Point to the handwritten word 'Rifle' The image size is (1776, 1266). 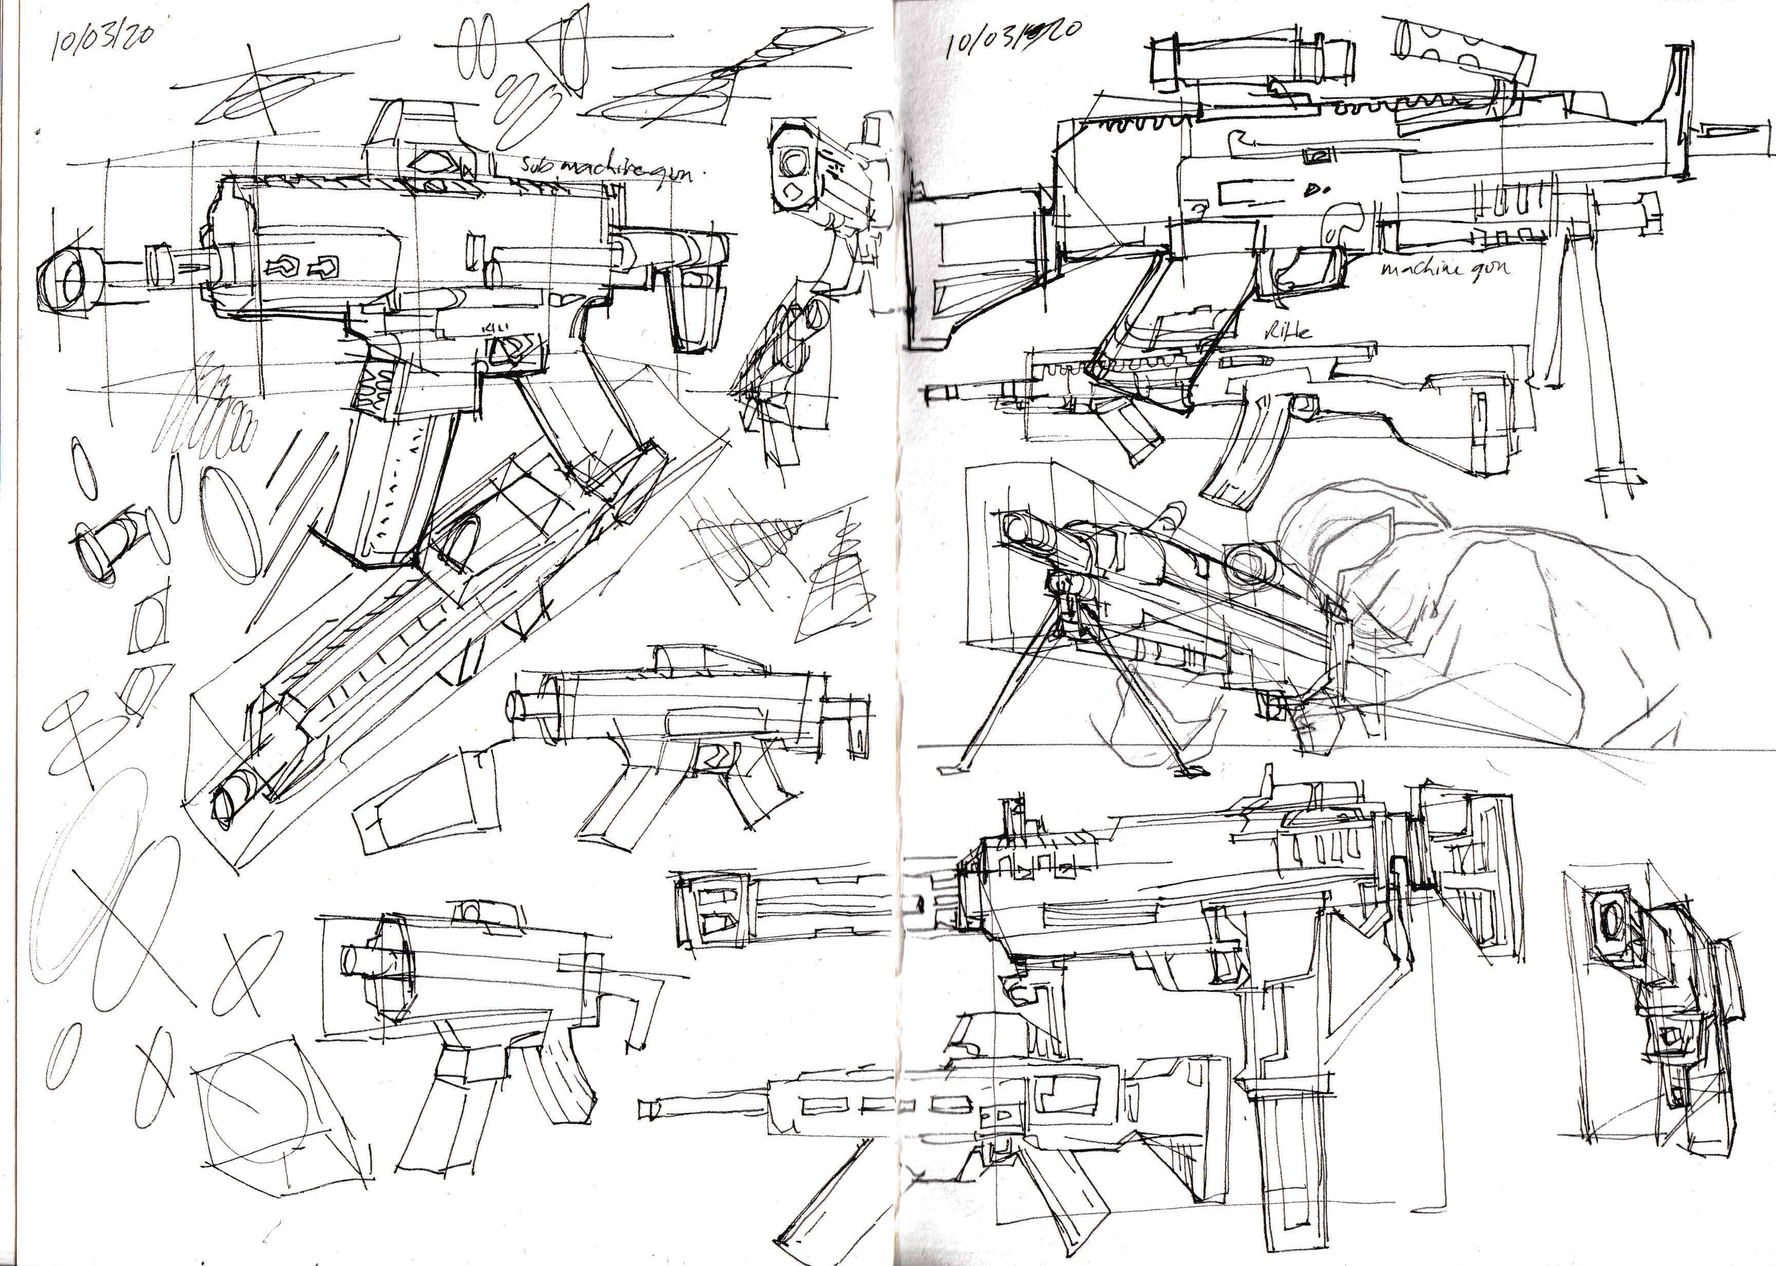click(1287, 331)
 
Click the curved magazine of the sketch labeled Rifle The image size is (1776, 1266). click(1240, 452)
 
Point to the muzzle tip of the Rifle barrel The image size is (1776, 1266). click(931, 394)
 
